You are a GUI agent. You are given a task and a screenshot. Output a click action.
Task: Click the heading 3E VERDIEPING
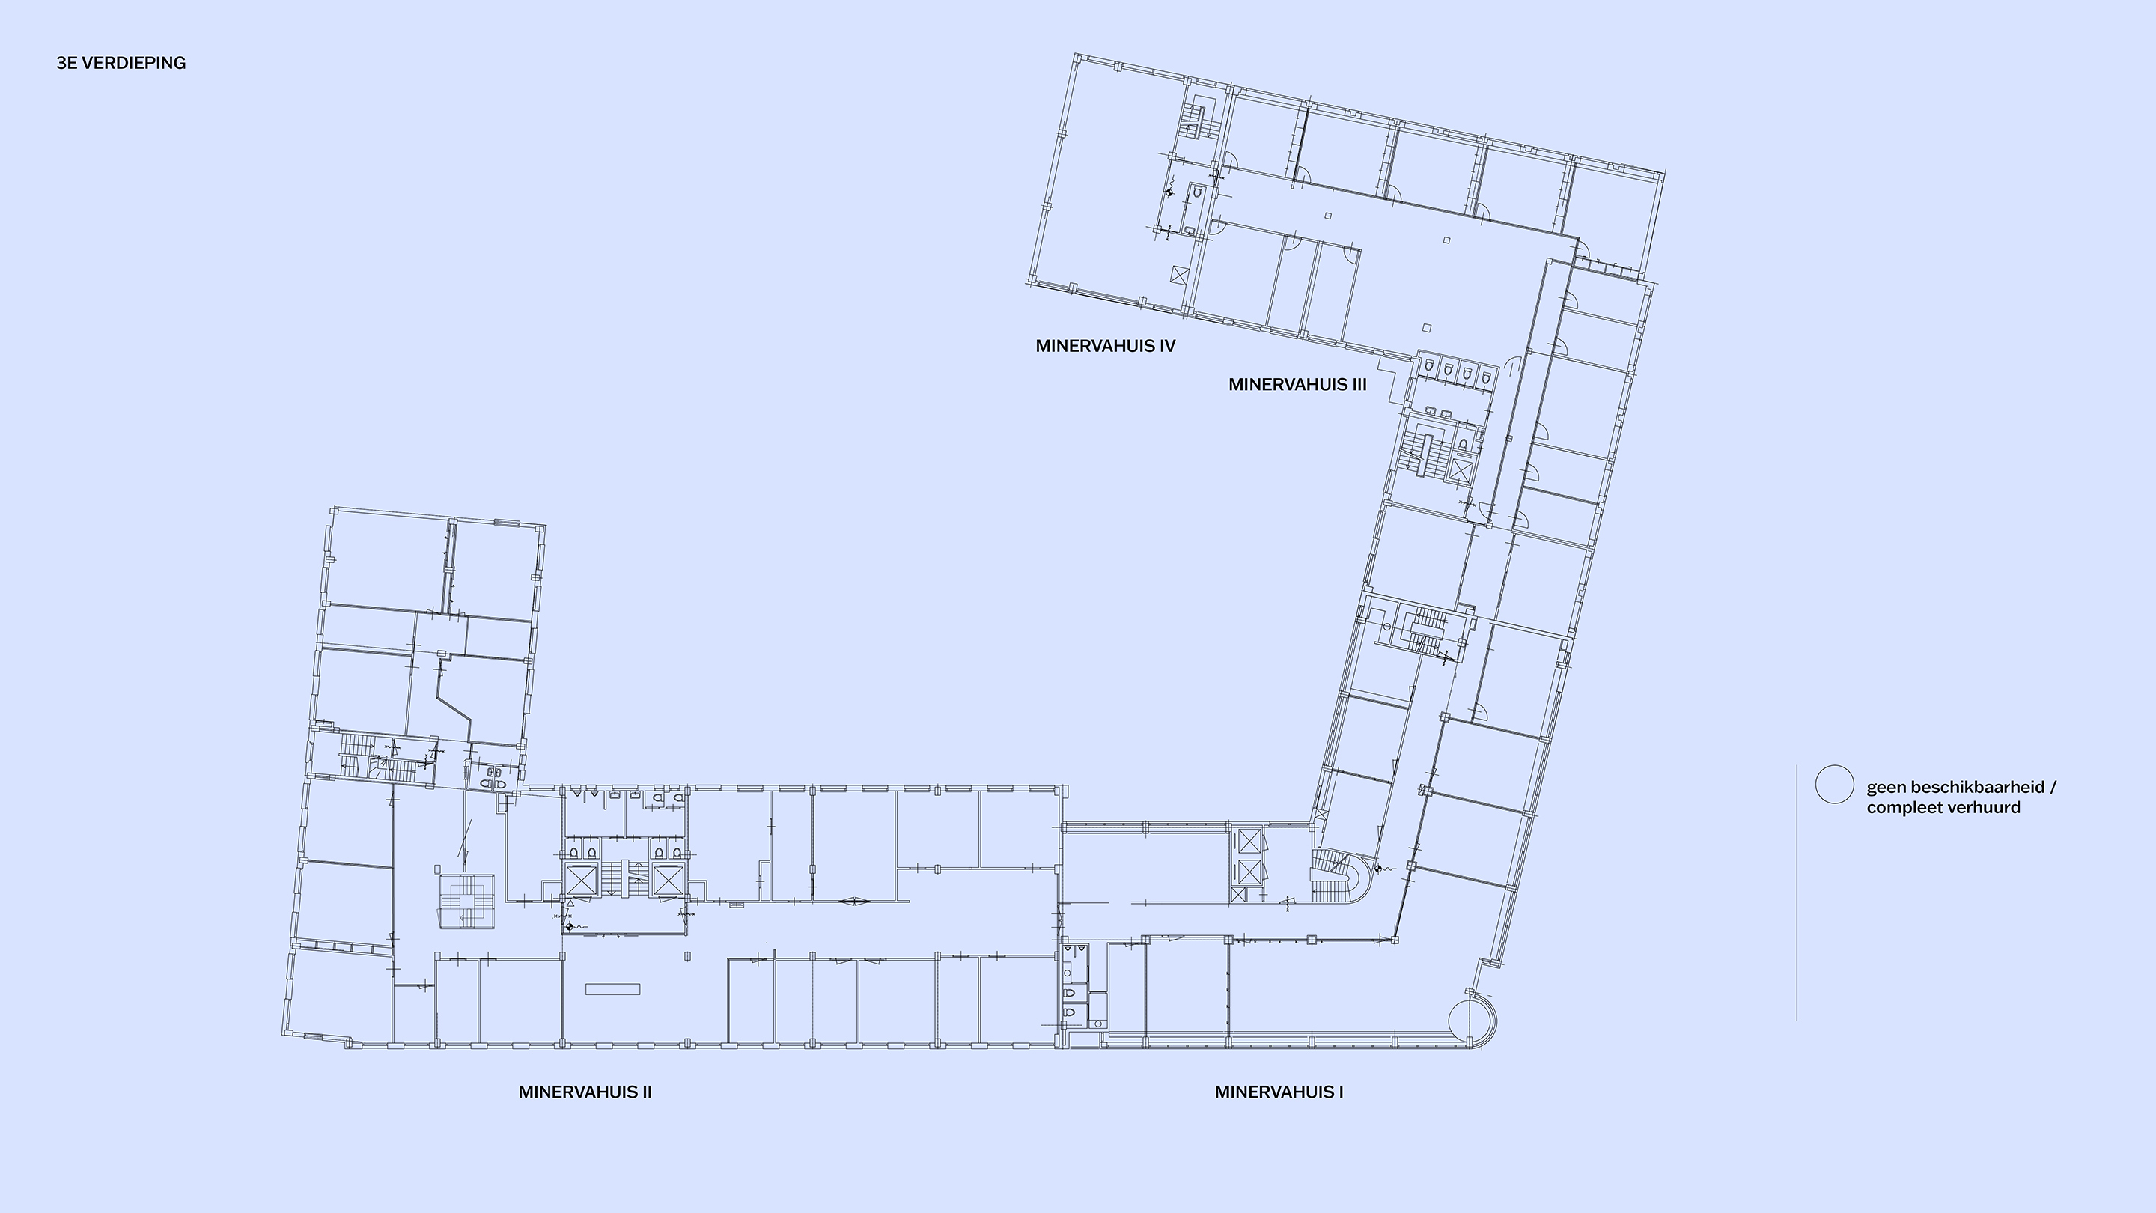pyautogui.click(x=121, y=63)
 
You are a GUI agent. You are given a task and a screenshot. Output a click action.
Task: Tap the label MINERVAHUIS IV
pyautogui.click(x=1105, y=346)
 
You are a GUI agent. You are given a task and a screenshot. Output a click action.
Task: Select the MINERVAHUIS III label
pyautogui.click(x=1297, y=384)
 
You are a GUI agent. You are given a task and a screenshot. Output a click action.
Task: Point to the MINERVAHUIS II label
pyautogui.click(x=585, y=1092)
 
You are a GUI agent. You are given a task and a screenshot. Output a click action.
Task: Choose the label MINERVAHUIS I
pyautogui.click(x=1279, y=1092)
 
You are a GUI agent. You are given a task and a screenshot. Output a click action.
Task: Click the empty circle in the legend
pyautogui.click(x=1834, y=785)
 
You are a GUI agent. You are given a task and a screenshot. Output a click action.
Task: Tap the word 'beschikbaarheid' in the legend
pyautogui.click(x=1979, y=787)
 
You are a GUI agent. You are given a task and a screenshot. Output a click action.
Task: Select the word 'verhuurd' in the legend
pyautogui.click(x=1985, y=807)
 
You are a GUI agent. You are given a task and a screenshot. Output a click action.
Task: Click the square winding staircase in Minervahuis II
pyautogui.click(x=468, y=900)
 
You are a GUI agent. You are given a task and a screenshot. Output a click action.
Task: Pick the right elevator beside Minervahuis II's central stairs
pyautogui.click(x=668, y=881)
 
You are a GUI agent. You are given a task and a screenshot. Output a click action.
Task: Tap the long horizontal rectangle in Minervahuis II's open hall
pyautogui.click(x=612, y=989)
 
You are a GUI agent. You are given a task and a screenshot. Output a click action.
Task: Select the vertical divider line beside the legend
pyautogui.click(x=1796, y=893)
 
